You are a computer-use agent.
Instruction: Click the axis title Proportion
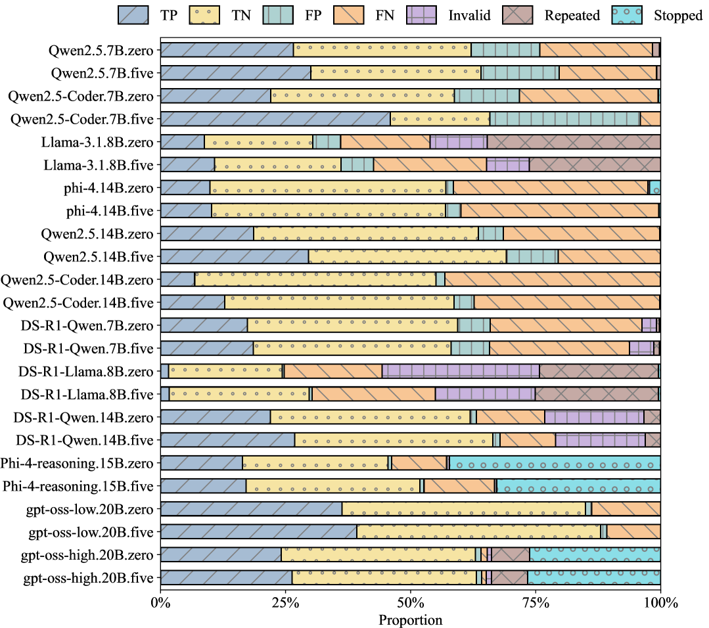[410, 619]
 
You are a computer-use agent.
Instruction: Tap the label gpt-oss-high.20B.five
[88, 578]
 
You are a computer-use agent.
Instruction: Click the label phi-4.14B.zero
[108, 188]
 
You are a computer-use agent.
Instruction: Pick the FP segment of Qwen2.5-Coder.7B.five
[565, 119]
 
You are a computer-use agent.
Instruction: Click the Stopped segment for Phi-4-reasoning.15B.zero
[555, 463]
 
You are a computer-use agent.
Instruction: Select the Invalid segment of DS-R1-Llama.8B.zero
[461, 371]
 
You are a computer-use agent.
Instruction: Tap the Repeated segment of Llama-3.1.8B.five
[595, 165]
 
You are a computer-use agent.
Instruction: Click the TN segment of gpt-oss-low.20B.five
[478, 532]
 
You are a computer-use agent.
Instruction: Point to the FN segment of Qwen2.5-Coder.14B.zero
[553, 279]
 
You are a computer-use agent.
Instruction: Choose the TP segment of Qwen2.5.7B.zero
[227, 50]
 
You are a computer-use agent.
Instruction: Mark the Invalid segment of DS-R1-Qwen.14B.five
[600, 440]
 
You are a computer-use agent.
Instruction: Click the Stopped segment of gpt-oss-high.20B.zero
[595, 555]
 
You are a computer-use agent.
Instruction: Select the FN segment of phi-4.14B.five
[560, 210]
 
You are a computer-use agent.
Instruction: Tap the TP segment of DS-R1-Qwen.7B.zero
[204, 325]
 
